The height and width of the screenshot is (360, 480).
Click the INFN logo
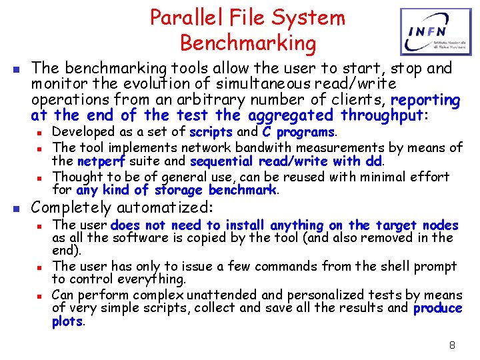click(x=430, y=32)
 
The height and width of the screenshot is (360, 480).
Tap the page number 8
click(x=452, y=345)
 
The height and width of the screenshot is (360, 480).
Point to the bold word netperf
click(x=98, y=161)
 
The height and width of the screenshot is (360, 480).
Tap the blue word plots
click(x=68, y=322)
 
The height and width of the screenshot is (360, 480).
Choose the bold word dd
click(x=373, y=161)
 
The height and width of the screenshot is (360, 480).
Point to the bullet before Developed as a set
click(x=39, y=133)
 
